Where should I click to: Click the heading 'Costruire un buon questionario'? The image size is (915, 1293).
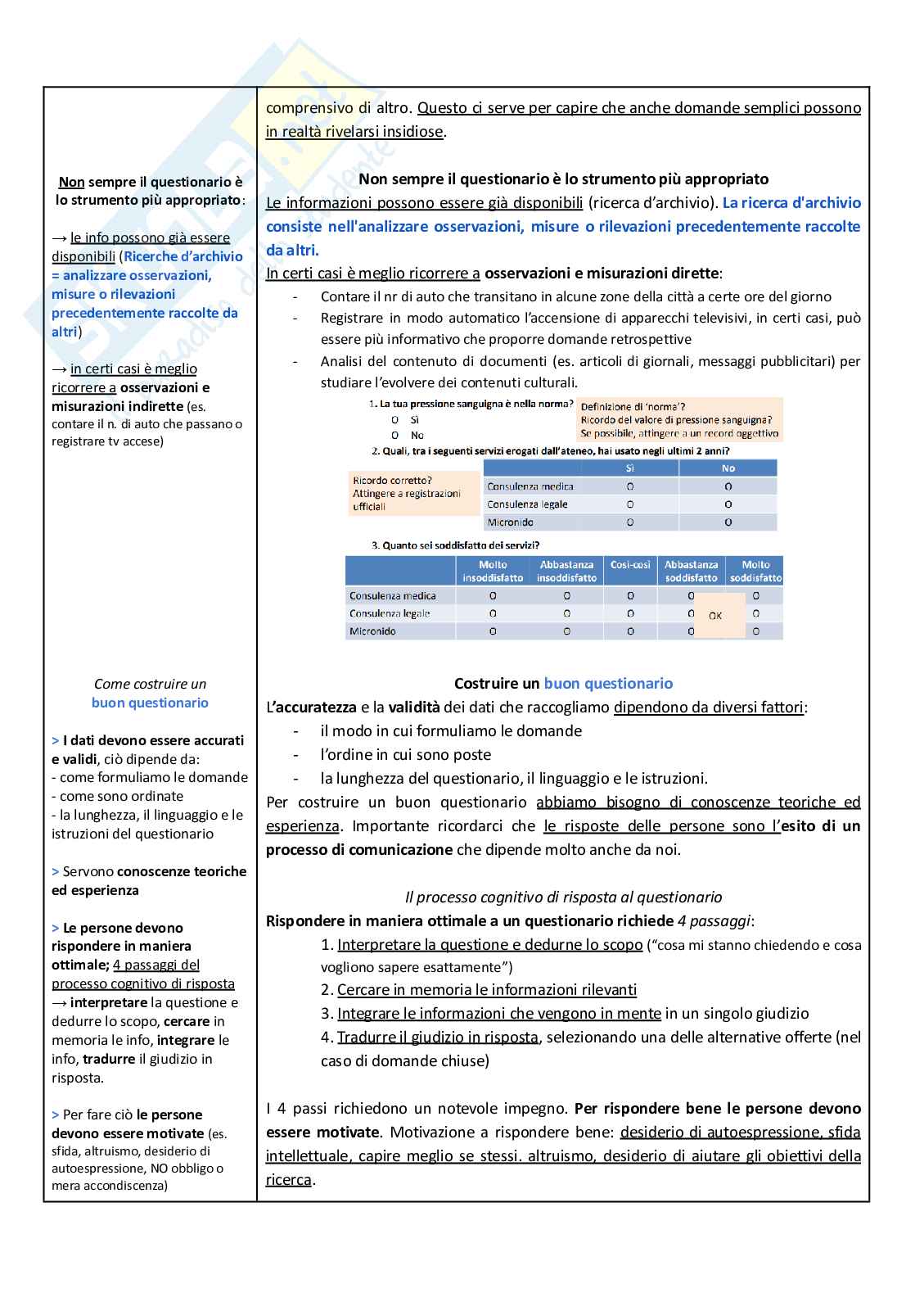(563, 684)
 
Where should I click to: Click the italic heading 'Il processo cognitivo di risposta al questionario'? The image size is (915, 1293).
(563, 897)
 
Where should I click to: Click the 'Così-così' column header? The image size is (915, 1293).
(630, 565)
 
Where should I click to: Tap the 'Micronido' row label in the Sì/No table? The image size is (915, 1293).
(511, 522)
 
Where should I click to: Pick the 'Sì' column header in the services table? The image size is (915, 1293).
(629, 468)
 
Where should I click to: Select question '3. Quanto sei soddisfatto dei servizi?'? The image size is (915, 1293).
(456, 545)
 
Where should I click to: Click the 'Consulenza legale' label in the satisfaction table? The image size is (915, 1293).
(390, 613)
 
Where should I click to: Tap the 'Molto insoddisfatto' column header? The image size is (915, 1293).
(493, 571)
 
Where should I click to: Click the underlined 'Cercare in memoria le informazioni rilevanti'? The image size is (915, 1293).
(486, 990)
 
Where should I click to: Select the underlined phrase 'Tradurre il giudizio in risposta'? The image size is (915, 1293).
(438, 1038)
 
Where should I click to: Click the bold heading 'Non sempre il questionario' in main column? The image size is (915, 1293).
(563, 179)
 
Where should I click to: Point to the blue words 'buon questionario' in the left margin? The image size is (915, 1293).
(150, 703)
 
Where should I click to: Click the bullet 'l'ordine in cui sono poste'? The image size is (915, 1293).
(406, 755)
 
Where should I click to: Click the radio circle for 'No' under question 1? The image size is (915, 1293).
(395, 436)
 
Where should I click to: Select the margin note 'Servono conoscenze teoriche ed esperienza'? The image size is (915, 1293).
(149, 881)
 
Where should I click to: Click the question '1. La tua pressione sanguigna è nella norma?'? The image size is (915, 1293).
(471, 404)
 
